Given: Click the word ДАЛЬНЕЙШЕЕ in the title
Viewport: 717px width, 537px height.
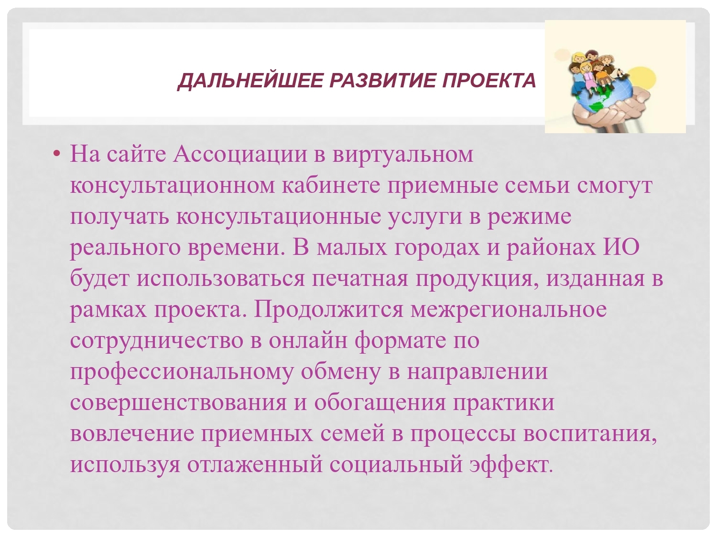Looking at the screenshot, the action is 250,81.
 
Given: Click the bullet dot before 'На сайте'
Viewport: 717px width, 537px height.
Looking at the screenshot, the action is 57,153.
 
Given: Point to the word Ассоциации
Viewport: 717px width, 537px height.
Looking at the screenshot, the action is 240,154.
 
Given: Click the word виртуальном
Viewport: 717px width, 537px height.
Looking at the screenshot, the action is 403,155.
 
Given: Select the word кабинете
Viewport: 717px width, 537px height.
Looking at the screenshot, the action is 331,185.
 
